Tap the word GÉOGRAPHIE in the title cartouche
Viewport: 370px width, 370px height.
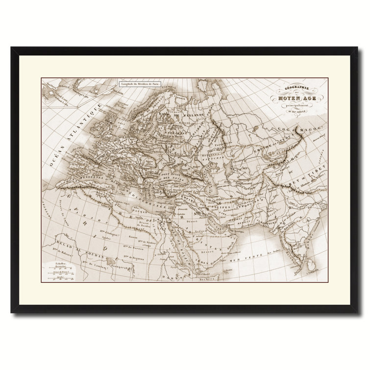[294, 88]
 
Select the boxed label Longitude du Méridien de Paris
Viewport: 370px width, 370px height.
[138, 84]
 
